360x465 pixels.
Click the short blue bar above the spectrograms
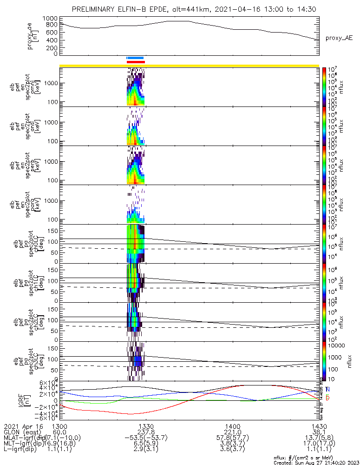point(136,58)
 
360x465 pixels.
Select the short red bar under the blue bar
point(136,62)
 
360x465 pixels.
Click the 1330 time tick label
point(146,426)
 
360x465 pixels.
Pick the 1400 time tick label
point(232,426)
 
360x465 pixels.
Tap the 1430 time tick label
point(319,426)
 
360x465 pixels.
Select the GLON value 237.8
point(146,432)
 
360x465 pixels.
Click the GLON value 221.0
point(232,432)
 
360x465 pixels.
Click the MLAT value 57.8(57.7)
point(232,438)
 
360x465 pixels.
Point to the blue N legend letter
point(327,389)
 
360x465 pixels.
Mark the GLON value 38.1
point(319,432)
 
